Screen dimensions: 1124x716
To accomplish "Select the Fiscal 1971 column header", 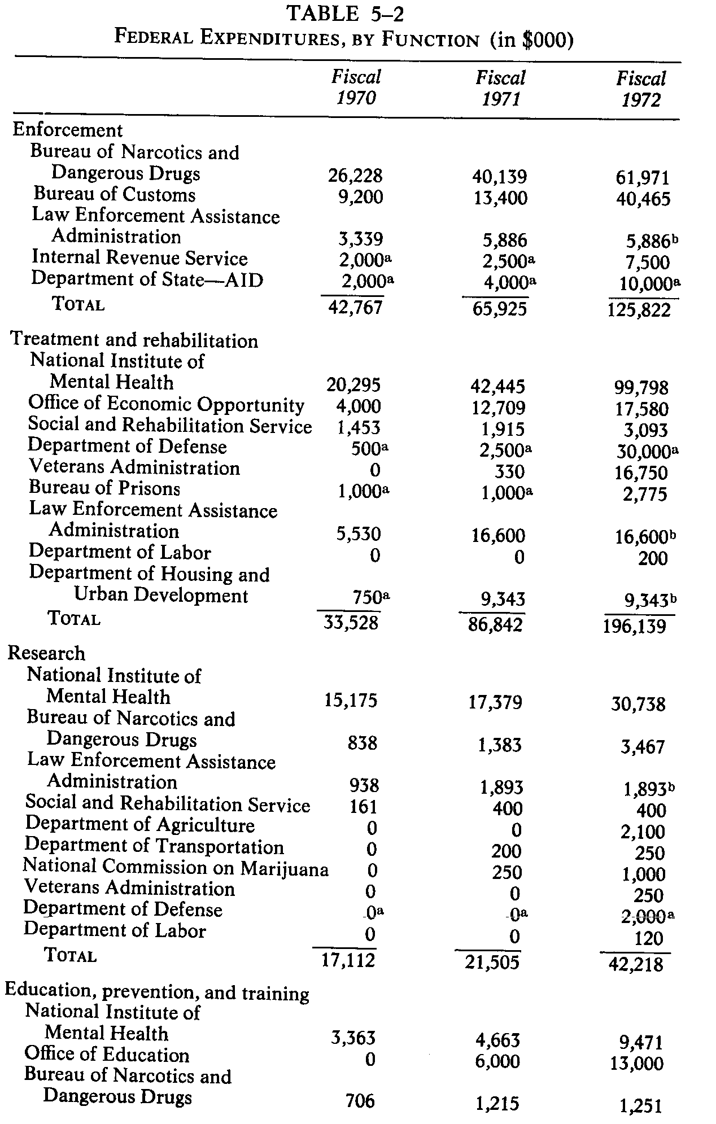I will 500,88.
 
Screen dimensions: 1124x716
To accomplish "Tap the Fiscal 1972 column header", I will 641,89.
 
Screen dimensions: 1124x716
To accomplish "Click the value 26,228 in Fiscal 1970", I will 355,176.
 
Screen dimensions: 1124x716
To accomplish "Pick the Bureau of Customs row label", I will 115,194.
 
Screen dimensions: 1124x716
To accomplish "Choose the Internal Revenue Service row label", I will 139,258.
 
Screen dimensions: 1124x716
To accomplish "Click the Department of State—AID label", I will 147,279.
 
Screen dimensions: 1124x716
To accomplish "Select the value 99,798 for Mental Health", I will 641,388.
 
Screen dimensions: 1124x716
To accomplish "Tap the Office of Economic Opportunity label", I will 166,404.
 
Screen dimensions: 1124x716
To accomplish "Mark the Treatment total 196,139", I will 634,626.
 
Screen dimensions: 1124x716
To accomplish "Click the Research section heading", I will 46,653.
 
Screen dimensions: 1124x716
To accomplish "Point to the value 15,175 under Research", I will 350,701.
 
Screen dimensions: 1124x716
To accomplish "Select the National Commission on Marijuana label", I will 176,868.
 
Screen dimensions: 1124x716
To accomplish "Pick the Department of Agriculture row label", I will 140,825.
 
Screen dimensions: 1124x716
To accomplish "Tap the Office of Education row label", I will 107,1055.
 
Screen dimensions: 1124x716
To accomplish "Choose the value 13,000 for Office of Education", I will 636,1064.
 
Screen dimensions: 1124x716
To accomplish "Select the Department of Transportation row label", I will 154,846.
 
